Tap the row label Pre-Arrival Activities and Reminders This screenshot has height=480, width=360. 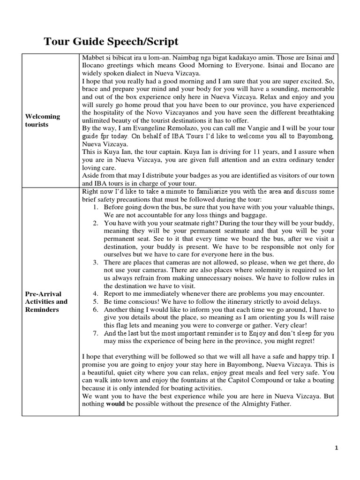pos(46,301)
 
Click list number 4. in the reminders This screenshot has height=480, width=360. pos(95,293)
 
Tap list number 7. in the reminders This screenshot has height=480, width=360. pos(95,333)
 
